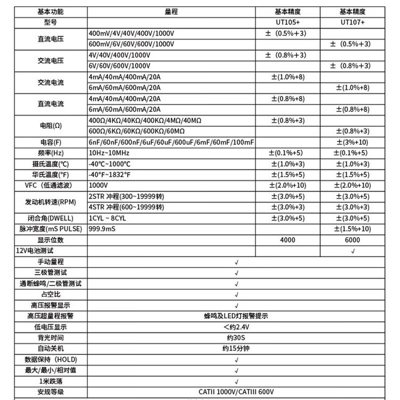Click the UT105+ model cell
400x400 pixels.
288,22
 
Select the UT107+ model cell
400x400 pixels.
353,22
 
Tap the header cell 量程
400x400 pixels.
172,11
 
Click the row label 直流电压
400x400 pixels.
51,38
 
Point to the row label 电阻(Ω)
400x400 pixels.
51,125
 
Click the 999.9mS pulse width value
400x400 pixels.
102,229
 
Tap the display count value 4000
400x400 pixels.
288,240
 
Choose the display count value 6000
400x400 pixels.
353,240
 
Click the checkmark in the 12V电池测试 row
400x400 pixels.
353,250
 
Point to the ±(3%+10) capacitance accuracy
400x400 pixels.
353,142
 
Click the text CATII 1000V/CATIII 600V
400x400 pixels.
236,391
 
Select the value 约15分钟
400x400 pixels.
236,348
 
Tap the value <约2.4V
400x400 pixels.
236,327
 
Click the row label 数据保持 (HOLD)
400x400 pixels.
51,359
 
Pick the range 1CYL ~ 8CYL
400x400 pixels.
107,218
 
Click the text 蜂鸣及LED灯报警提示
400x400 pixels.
236,316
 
